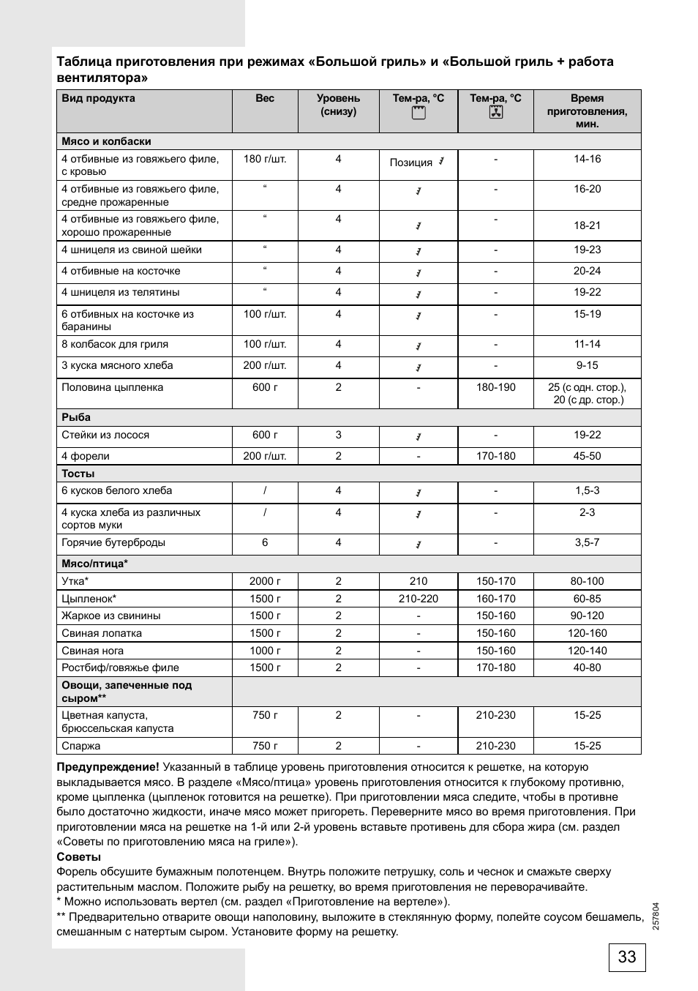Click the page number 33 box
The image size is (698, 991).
[x=626, y=957]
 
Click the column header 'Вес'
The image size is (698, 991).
[x=265, y=98]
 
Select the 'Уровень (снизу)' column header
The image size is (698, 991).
[x=338, y=105]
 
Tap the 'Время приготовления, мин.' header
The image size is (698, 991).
[x=587, y=111]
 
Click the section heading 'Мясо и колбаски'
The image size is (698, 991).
[x=106, y=141]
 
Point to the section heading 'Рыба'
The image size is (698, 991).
[x=76, y=417]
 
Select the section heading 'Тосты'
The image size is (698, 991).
[x=78, y=474]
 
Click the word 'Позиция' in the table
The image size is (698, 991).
[x=410, y=162]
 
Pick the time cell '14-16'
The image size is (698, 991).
[x=587, y=159]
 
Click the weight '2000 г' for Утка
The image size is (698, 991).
[x=265, y=581]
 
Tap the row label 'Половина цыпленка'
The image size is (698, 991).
[x=112, y=387]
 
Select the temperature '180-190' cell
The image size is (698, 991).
[x=495, y=387]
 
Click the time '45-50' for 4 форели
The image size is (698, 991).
[x=587, y=456]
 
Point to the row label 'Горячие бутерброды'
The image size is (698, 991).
[x=113, y=542]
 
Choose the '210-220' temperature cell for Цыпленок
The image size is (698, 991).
[x=418, y=599]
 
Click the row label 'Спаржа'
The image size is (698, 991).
[x=81, y=746]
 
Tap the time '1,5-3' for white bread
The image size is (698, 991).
[x=587, y=490]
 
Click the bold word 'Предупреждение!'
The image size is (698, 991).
[x=108, y=767]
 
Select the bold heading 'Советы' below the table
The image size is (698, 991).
[x=79, y=857]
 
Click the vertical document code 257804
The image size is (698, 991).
[x=656, y=916]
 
